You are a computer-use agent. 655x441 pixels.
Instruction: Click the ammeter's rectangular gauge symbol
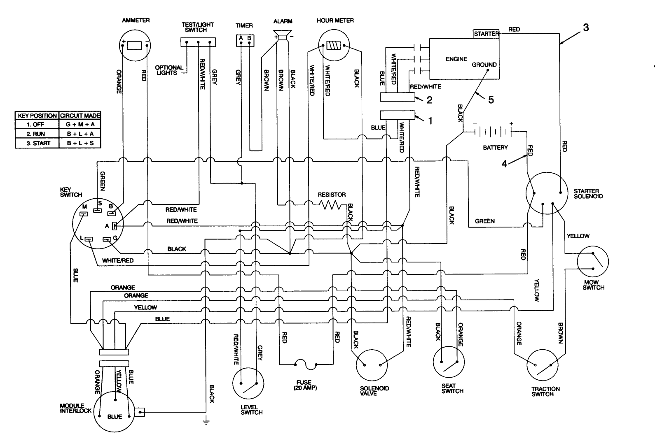click(x=135, y=45)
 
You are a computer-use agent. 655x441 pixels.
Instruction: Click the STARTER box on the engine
click(x=486, y=33)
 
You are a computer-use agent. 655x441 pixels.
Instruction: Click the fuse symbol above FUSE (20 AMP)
click(x=306, y=364)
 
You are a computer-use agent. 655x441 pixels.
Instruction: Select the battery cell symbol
click(x=493, y=132)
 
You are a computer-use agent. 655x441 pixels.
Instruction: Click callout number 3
click(x=586, y=28)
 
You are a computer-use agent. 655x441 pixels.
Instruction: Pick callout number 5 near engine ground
click(x=491, y=100)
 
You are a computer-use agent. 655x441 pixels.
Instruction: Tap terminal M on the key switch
click(x=84, y=214)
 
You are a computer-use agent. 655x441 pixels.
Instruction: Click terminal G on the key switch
click(x=107, y=239)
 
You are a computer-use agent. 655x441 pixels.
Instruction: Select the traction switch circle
click(x=544, y=365)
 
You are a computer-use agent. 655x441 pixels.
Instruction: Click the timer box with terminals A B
click(x=245, y=40)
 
